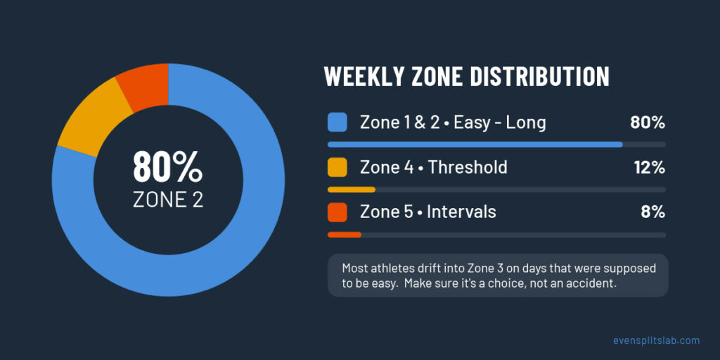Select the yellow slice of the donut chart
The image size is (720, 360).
tap(90, 121)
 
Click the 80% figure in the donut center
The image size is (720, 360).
tap(167, 167)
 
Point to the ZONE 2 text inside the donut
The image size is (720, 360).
tap(167, 199)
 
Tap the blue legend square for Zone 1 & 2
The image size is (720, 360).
tap(337, 122)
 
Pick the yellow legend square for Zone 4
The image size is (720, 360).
tap(337, 167)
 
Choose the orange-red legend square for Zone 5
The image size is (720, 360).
tap(337, 212)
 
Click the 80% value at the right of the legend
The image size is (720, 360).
tap(648, 122)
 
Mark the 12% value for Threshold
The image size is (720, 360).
tap(650, 167)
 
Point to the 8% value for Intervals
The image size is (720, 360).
tap(653, 212)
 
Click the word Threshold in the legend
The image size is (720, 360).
tap(468, 167)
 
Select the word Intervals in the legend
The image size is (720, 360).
tap(461, 212)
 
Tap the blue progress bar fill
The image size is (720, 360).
tap(475, 144)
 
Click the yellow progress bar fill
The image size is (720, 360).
tap(352, 189)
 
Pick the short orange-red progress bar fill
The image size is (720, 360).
tap(345, 235)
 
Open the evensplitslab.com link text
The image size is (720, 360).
tap(657, 340)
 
